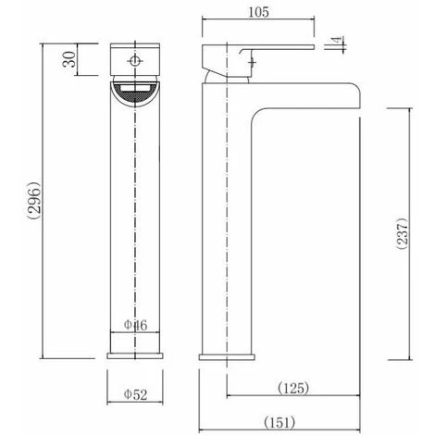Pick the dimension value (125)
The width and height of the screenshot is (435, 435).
292,387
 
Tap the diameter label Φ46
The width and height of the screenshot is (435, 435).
136,326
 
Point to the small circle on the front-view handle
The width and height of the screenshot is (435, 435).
136,61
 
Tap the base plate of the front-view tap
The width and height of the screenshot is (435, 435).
136,354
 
